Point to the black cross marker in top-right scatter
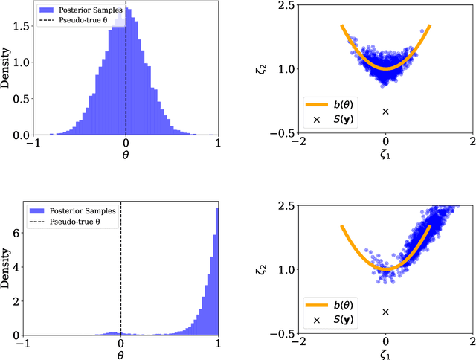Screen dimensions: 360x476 (x=385, y=112)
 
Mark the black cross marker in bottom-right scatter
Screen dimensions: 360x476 (x=385, y=312)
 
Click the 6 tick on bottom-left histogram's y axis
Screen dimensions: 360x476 (x=17, y=234)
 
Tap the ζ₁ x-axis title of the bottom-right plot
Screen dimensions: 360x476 (x=385, y=354)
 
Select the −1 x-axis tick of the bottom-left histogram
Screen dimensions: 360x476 (x=24, y=343)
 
